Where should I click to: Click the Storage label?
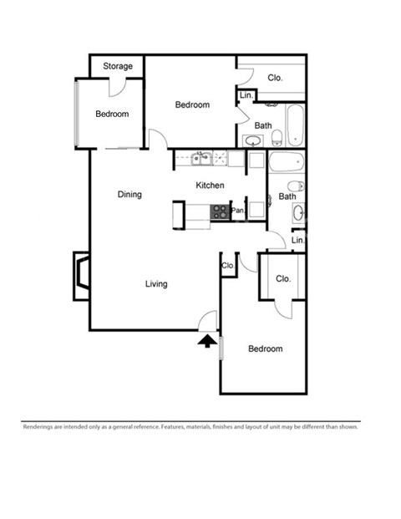pos(118,66)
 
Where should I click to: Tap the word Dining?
pos(129,195)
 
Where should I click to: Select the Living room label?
pos(156,284)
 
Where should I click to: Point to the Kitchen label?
pos(209,186)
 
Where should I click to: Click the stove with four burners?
pos(221,211)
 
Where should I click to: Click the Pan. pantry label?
pos(238,211)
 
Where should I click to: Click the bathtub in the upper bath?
pos(295,125)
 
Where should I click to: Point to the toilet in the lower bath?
pos(295,186)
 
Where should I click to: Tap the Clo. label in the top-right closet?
pos(275,78)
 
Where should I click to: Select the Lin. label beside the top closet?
pos(246,95)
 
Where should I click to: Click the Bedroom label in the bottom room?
pos(266,349)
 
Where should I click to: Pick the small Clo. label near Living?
pos(227,266)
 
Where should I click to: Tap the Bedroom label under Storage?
pos(112,114)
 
